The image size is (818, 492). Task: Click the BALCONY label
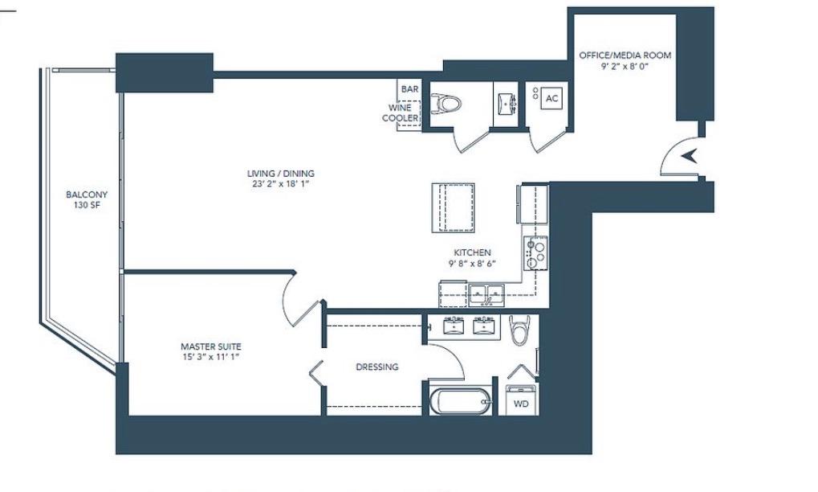tap(87, 195)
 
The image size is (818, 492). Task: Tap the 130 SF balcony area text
tap(87, 205)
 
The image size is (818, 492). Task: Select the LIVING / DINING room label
tap(281, 174)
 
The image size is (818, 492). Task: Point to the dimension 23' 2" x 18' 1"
tap(281, 183)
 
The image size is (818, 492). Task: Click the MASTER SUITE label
tap(211, 346)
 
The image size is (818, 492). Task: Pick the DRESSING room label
tap(377, 367)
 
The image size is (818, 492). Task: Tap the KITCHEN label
tap(472, 252)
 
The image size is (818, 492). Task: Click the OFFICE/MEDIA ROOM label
tap(625, 55)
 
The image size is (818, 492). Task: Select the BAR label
tap(409, 89)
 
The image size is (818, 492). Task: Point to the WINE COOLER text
tap(401, 113)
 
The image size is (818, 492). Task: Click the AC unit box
tap(552, 98)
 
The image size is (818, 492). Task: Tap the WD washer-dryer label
tap(521, 404)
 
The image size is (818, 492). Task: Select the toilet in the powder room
tap(446, 104)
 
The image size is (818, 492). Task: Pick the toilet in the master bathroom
tap(519, 330)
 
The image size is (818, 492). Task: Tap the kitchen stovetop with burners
tap(535, 252)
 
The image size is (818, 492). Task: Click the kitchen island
tap(453, 207)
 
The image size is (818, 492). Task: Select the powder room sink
tap(506, 104)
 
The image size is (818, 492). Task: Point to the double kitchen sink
tap(486, 294)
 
